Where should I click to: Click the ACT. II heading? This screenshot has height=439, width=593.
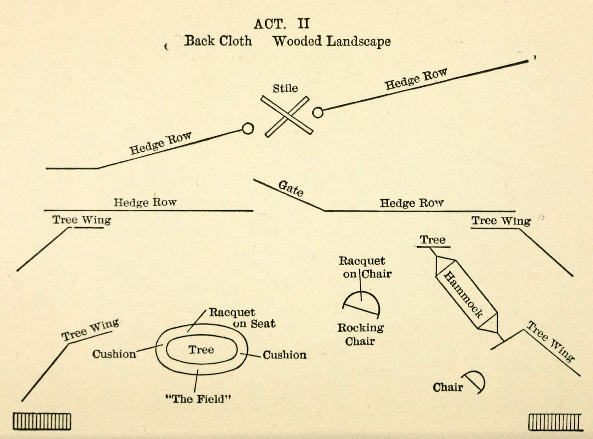282,24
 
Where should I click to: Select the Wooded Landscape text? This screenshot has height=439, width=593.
332,42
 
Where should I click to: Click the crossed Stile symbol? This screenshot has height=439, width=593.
287,117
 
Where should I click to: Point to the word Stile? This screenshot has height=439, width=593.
285,88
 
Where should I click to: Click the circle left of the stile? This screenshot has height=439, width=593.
248,129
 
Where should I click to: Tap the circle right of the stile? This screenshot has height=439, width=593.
318,112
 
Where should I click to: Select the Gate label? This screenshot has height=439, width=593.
291,189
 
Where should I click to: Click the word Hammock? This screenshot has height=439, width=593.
463,295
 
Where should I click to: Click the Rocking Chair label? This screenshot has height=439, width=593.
360,334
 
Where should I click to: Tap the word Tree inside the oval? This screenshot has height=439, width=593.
201,349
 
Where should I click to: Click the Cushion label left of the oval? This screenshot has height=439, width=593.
114,354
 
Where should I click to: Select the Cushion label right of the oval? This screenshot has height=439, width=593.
285,355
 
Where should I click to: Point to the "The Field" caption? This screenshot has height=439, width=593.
198,399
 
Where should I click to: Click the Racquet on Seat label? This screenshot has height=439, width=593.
242,318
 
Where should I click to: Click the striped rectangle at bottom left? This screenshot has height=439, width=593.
42,421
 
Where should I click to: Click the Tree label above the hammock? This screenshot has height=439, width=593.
433,240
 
